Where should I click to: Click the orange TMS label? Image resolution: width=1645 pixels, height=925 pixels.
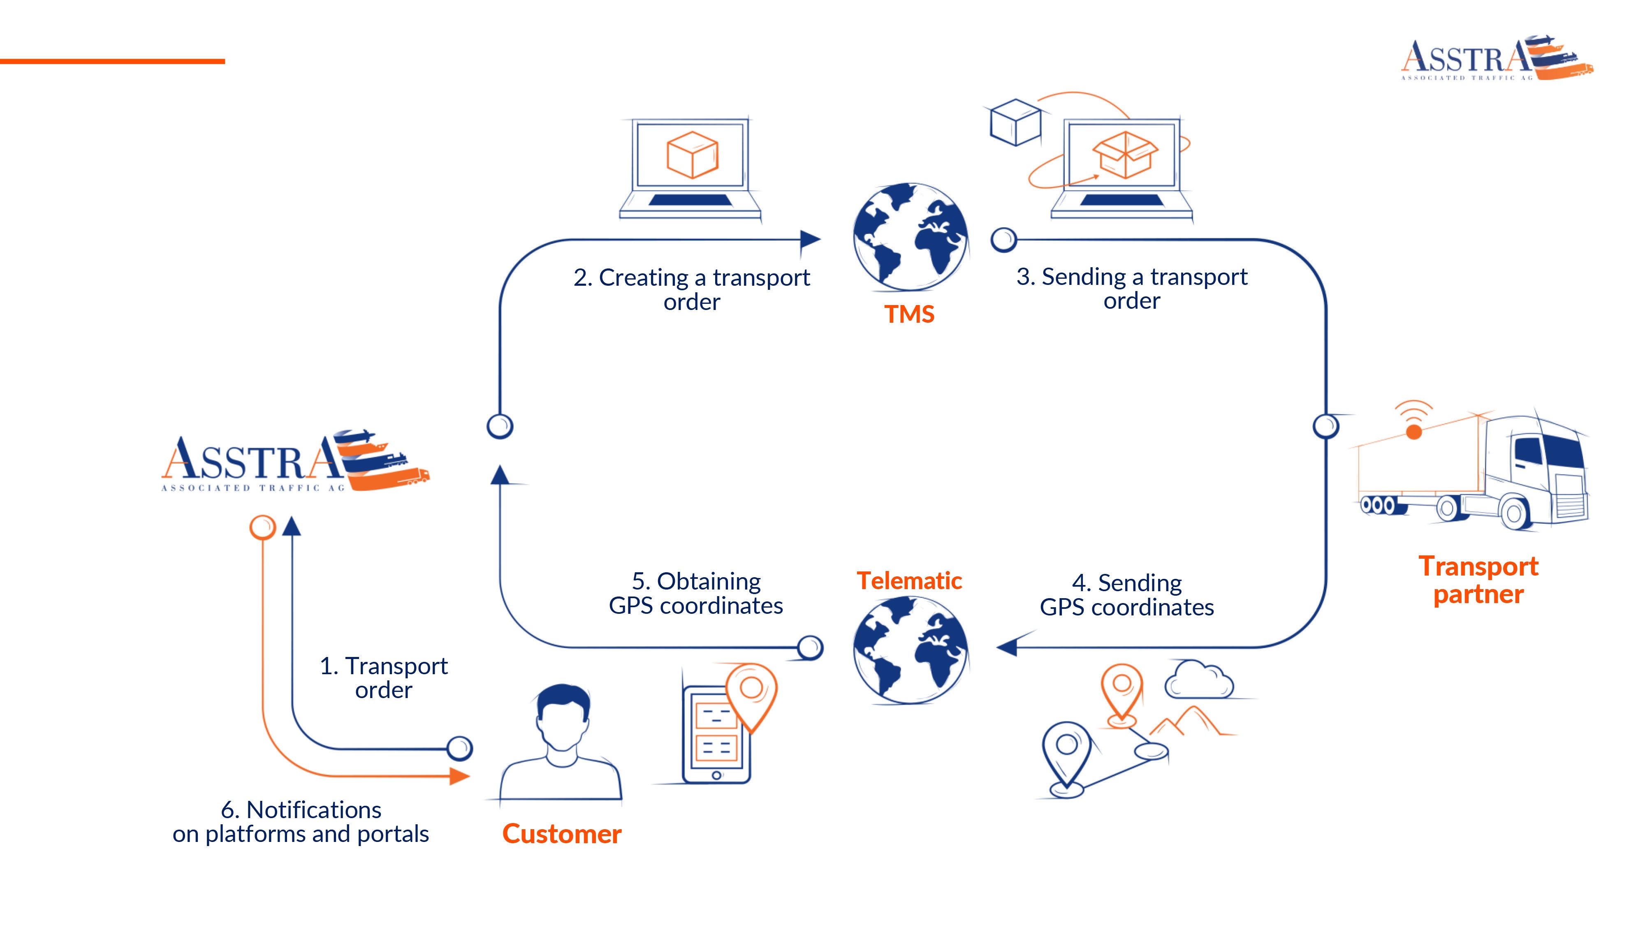point(909,314)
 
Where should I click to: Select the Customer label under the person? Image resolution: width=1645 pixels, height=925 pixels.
point(561,834)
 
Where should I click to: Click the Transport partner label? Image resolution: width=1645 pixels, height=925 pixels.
point(1478,580)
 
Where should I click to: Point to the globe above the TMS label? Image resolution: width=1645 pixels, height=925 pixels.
point(910,236)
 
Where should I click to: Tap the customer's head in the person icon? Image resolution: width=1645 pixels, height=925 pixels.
point(562,718)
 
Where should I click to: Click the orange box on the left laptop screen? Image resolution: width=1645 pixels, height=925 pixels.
point(692,155)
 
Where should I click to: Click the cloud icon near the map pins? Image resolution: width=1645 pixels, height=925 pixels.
point(1199,680)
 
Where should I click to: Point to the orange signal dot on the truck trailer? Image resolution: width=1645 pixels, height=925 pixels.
point(1414,432)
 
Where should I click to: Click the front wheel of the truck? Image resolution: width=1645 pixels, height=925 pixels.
point(1512,511)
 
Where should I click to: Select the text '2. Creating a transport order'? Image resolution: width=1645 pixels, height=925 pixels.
point(692,289)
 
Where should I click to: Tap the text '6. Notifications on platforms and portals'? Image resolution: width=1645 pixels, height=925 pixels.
point(301,821)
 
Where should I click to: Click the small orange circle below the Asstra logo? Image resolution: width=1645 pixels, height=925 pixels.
point(262,527)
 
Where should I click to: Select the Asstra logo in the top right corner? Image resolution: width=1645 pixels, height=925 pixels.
point(1496,59)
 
